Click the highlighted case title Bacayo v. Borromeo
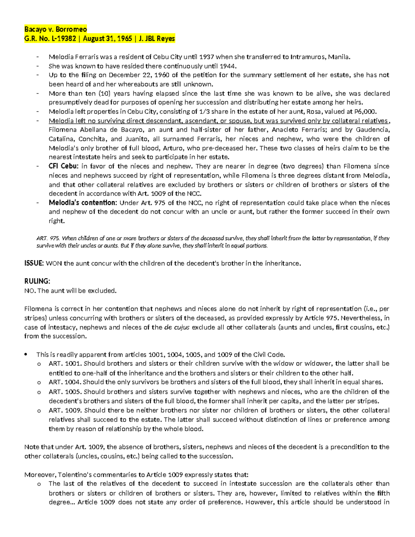point(55,29)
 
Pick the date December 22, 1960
point(137,75)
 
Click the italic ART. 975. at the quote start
point(48,238)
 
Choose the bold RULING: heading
point(37,281)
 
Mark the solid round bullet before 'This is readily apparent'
point(26,355)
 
